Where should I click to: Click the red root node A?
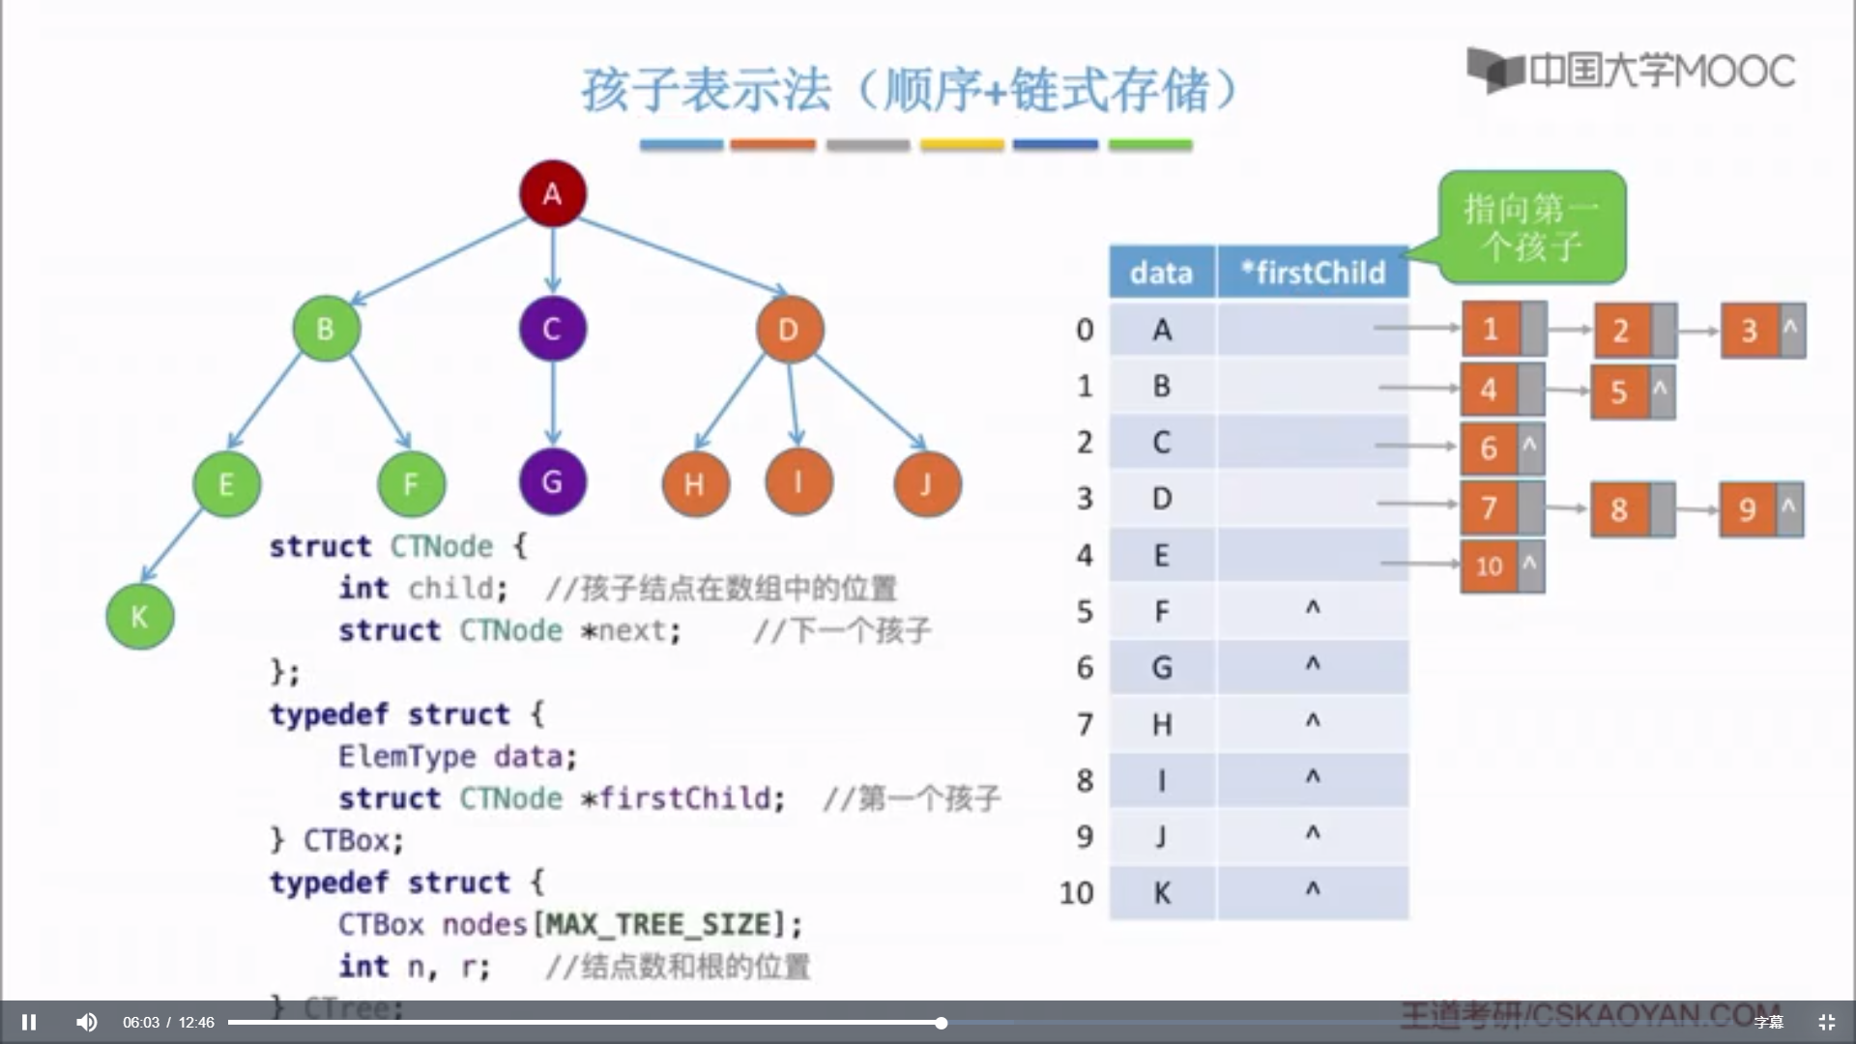tap(552, 193)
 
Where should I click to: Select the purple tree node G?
tap(552, 481)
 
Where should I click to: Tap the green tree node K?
tap(139, 616)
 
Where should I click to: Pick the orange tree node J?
tap(926, 483)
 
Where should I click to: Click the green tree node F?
tap(411, 483)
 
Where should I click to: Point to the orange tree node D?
tap(789, 330)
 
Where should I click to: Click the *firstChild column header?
tap(1313, 273)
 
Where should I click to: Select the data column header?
tap(1161, 273)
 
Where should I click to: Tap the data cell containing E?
tap(1161, 555)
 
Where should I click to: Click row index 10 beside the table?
tap(1076, 892)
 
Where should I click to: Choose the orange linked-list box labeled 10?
tap(1489, 566)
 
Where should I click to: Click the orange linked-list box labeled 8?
tap(1619, 509)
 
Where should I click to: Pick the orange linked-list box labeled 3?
tap(1749, 331)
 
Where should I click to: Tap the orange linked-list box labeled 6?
tap(1489, 448)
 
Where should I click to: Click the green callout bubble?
tap(1531, 227)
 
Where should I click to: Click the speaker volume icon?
tap(87, 1022)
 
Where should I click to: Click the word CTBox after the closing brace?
tap(347, 840)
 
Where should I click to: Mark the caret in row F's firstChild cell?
tap(1313, 608)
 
